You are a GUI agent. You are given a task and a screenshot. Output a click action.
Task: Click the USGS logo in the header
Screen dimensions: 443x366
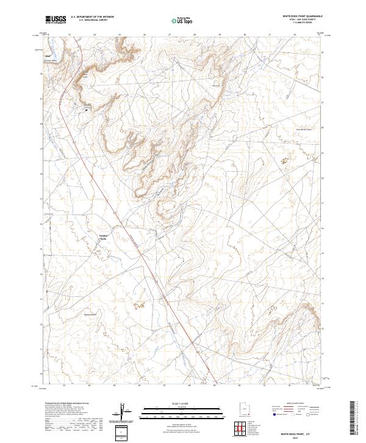[56, 20]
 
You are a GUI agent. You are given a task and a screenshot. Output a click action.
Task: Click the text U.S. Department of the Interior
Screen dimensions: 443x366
[92, 17]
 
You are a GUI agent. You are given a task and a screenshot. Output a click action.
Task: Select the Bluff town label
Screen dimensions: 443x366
[48, 57]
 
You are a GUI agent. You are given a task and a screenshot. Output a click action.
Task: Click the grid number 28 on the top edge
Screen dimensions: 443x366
[194, 34]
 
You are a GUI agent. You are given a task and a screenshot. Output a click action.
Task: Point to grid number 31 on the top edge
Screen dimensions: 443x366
[269, 34]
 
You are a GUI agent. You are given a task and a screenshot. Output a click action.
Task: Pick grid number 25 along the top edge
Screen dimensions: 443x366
[119, 34]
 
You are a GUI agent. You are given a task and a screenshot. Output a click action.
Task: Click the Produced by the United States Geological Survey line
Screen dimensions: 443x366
[68, 404]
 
